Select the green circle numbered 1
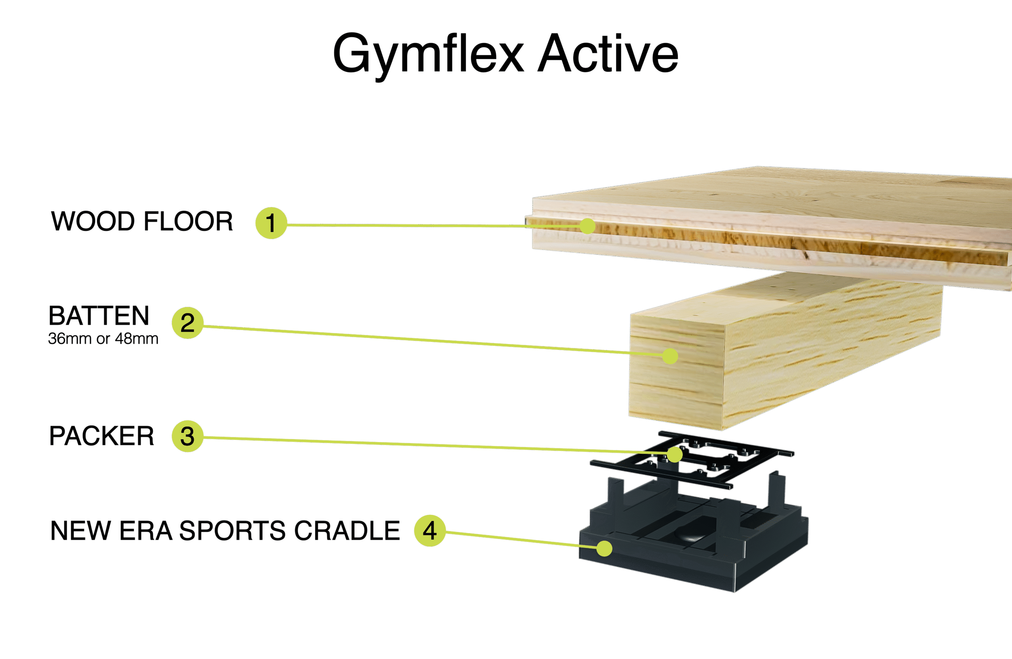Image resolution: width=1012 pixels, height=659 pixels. pyautogui.click(x=271, y=223)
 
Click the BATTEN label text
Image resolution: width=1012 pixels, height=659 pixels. pyautogui.click(x=99, y=315)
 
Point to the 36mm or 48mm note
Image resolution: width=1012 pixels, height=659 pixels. pyautogui.click(x=103, y=338)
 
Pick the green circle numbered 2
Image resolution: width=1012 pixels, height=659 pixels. pyautogui.click(x=187, y=323)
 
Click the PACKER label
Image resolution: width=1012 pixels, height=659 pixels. pyautogui.click(x=102, y=436)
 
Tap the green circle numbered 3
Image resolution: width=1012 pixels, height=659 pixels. pyautogui.click(x=187, y=436)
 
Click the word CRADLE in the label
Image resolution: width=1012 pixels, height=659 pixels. pyautogui.click(x=347, y=531)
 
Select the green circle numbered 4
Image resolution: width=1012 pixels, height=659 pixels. pyautogui.click(x=430, y=531)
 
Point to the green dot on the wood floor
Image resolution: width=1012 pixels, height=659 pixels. pyautogui.click(x=587, y=226)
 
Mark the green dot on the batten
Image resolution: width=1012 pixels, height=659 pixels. pyautogui.click(x=670, y=356)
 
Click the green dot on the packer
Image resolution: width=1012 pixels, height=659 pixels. pyautogui.click(x=674, y=454)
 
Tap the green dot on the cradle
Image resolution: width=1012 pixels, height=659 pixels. pyautogui.click(x=604, y=548)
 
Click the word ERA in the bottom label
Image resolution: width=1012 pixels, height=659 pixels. pyautogui.click(x=146, y=531)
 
